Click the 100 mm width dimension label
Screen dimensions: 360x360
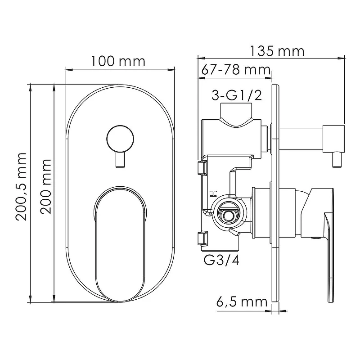coord(118,61)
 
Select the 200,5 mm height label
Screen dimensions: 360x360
coord(21,186)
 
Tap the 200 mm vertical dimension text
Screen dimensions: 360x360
coord(45,186)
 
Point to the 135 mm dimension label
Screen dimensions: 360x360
coord(277,51)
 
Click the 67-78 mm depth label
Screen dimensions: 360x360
coord(236,70)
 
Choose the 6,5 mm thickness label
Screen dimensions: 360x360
coord(242,302)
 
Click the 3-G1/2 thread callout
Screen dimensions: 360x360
coord(237,95)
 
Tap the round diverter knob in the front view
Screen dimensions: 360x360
coord(120,139)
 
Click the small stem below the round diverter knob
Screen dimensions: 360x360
coord(120,160)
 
